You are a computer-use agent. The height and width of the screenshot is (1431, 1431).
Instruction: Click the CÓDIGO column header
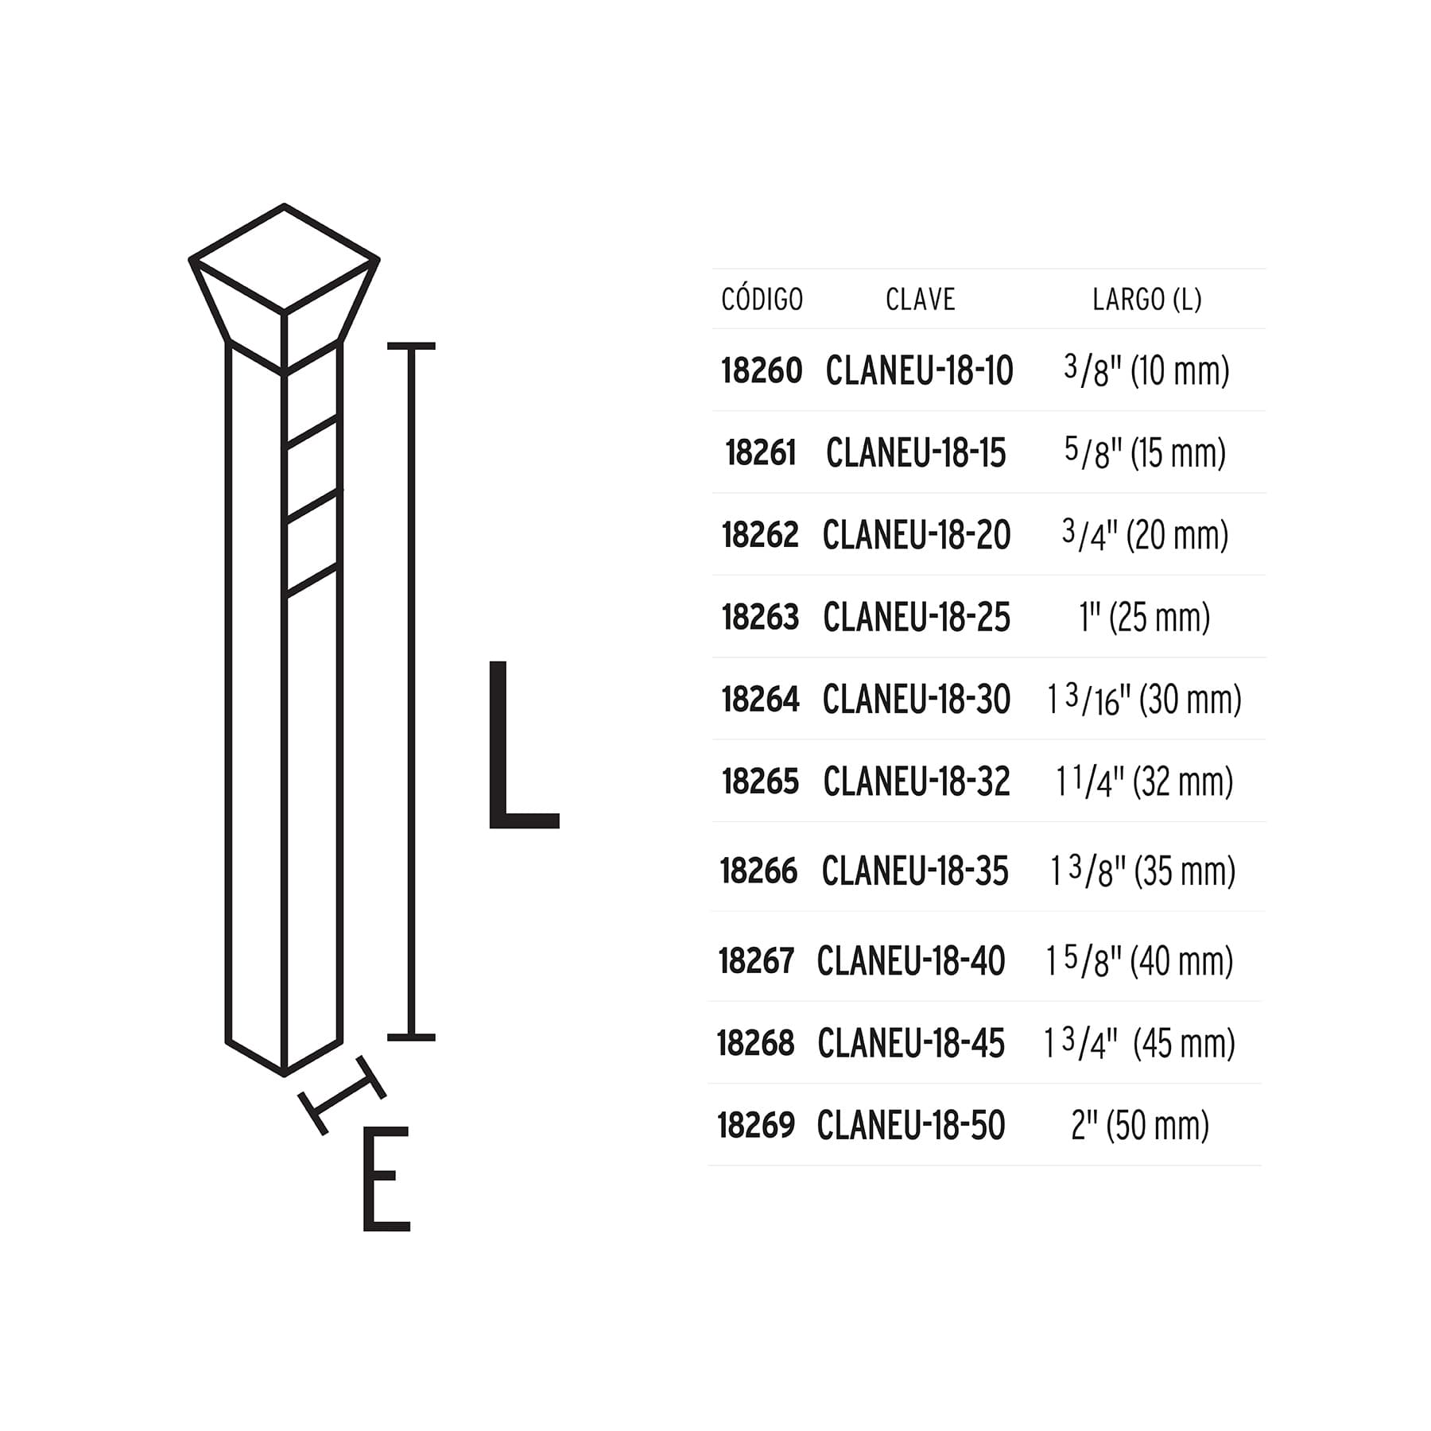point(762,299)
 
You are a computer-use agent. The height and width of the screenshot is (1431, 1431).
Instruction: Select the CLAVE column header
point(920,300)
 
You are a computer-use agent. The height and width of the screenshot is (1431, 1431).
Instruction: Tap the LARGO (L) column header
point(1146,300)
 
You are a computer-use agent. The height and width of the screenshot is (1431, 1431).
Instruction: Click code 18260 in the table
point(762,370)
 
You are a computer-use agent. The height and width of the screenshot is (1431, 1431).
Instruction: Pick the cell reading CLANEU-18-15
point(916,453)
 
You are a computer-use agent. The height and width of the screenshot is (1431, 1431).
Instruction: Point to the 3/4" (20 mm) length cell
point(1145,534)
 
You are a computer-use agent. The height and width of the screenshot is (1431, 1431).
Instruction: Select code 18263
point(760,617)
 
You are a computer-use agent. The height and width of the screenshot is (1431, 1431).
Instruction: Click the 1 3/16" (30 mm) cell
point(1144,700)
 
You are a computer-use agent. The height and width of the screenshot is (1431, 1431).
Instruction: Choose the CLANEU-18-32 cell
point(917,781)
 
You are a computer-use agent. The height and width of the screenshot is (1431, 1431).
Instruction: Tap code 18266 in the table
point(758,871)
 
